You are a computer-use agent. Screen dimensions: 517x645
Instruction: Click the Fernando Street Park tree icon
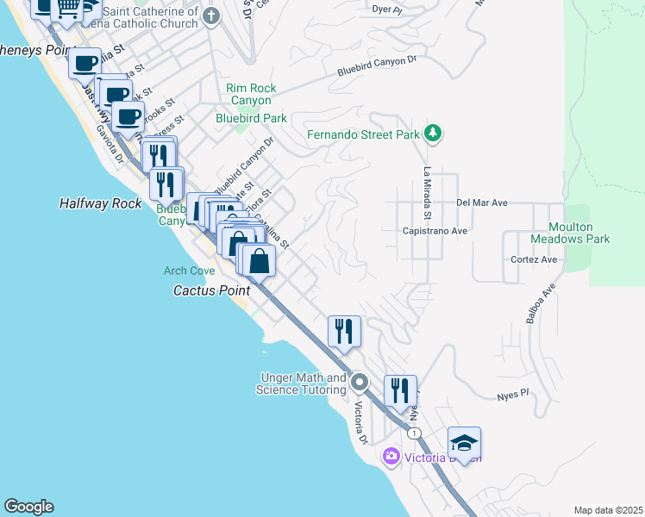434,134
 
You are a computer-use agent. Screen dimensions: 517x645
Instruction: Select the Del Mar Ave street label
481,203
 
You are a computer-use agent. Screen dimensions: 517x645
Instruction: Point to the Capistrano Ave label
435,231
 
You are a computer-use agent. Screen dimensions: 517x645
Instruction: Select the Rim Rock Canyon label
248,94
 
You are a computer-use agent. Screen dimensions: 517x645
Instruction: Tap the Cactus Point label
211,290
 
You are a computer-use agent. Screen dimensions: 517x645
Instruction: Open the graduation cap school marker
464,443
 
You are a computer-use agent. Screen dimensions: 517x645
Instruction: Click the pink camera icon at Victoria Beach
391,455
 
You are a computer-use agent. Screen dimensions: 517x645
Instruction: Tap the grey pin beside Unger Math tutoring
360,383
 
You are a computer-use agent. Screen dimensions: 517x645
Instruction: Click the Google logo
28,507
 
